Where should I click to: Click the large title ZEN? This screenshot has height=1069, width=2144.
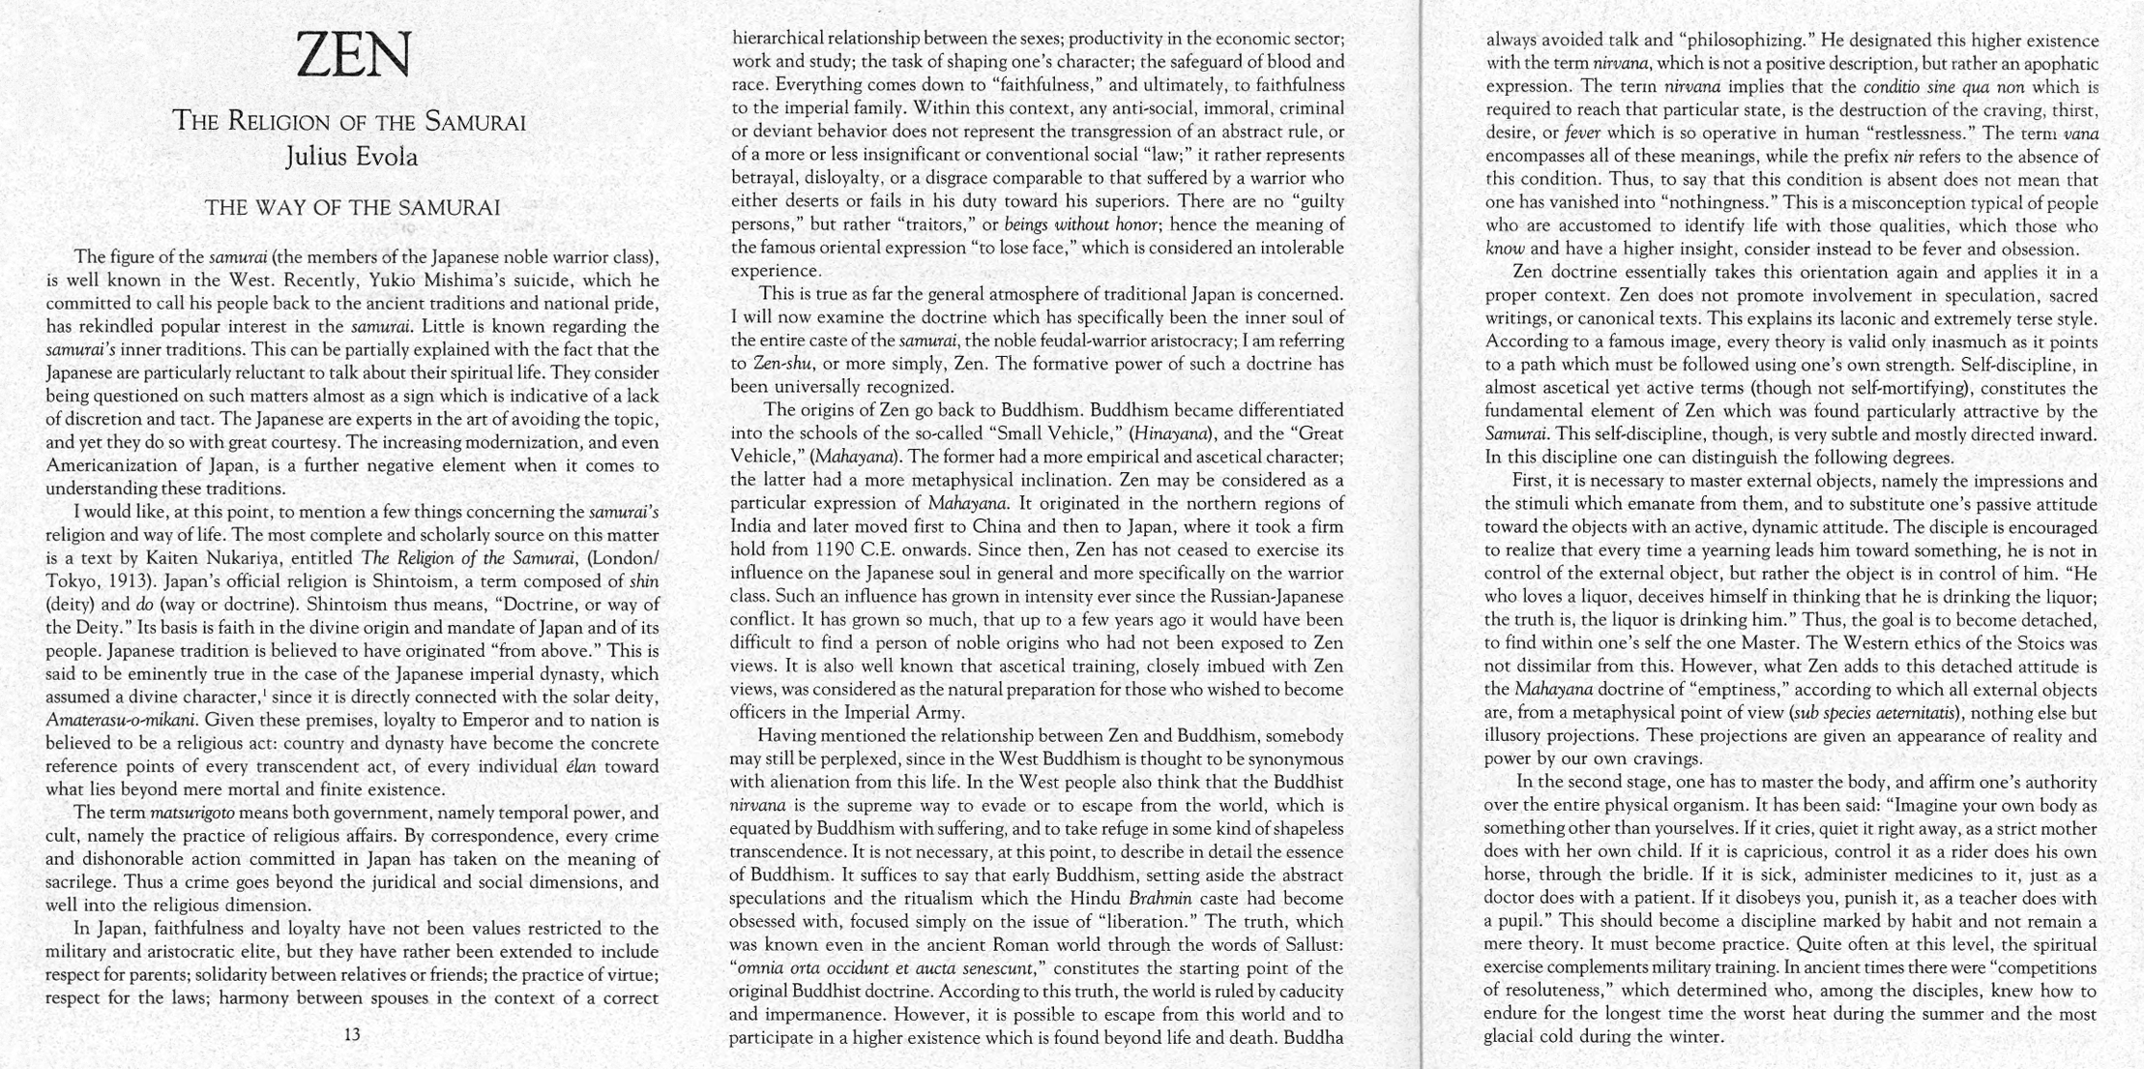354,55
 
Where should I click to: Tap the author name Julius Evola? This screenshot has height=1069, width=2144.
352,156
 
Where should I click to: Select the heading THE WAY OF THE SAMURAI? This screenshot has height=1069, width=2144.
352,208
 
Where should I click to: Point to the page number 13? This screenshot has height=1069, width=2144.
352,1034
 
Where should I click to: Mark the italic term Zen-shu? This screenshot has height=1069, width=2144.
783,364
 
